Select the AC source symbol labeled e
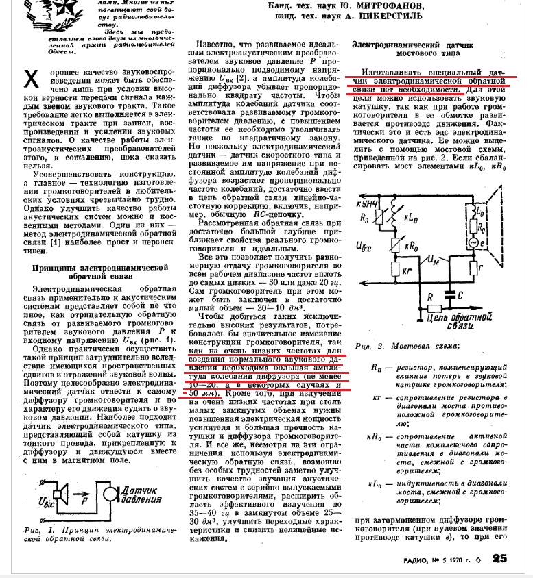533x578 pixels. click(x=471, y=242)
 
